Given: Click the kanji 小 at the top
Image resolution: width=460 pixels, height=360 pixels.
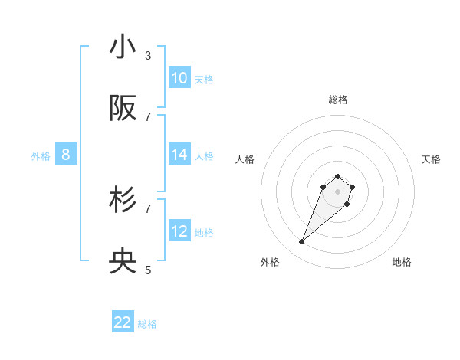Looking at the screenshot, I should coord(123,47).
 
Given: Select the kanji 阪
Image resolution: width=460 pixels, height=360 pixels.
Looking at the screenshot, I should coord(123,109).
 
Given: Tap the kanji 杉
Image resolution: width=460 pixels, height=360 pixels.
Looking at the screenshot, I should coord(123,200).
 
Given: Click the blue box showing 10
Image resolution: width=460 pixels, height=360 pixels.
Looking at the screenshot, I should coord(179,78).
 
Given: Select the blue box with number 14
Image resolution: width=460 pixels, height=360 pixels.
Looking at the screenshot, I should coord(179,155).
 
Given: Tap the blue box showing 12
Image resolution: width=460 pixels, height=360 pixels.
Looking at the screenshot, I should coord(179,231).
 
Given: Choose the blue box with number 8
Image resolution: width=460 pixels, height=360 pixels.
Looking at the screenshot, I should coord(66,155).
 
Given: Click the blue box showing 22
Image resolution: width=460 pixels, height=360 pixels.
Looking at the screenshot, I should coord(123,322).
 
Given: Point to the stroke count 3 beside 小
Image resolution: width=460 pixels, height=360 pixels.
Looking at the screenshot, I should coord(148,56).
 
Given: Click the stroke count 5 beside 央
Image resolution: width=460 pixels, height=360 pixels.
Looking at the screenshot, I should coord(148,270).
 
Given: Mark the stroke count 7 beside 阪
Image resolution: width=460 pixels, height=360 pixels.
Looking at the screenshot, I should coord(148,116).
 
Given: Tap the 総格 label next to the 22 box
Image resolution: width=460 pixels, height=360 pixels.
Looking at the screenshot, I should coord(147,324).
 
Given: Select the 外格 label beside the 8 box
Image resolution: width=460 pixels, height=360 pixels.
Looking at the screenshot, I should coord(41,156).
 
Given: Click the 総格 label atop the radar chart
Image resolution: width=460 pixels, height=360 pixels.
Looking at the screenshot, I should coord(338,100).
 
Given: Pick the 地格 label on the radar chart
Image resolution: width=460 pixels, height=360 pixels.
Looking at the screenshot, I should coord(402,262).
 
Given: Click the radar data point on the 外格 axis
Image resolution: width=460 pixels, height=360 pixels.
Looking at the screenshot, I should coord(302,242).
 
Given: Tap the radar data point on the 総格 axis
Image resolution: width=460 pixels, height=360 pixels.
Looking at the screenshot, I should coord(338,175).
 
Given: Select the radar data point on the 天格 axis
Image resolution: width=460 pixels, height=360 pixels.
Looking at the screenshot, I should coord(352,186).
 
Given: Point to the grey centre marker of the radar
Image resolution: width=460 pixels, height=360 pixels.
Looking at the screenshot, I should coord(338,191).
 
